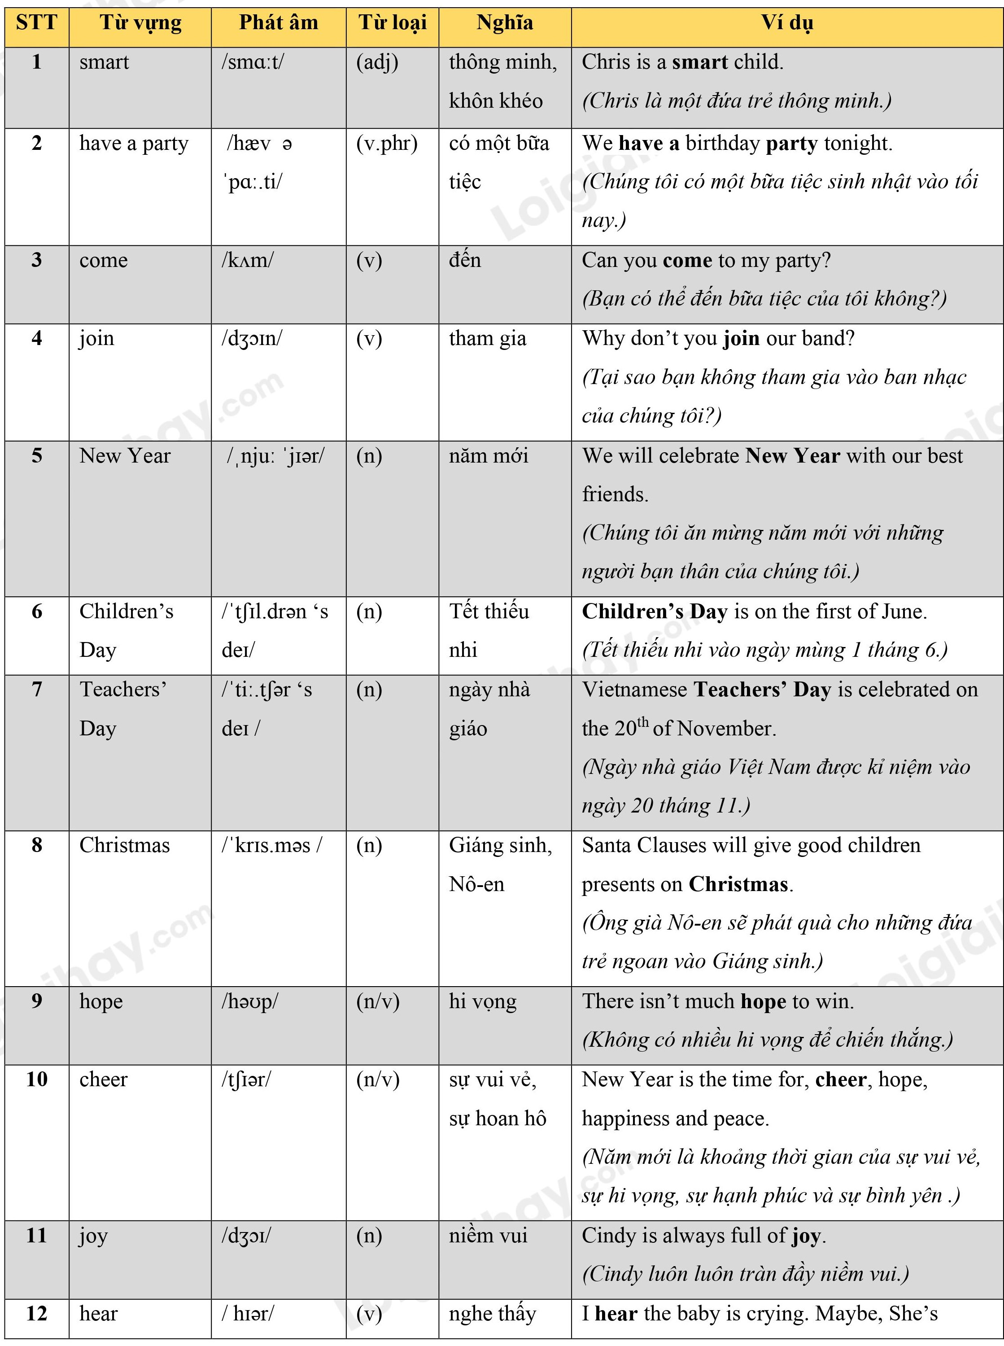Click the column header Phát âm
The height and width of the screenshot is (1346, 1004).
278,23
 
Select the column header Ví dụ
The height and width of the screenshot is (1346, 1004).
787,23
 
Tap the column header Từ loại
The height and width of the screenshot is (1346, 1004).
393,23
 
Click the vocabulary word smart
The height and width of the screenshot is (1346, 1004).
104,62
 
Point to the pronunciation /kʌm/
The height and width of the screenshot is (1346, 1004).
247,260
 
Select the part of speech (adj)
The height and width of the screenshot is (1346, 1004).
377,62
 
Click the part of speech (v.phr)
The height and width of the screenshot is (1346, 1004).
387,144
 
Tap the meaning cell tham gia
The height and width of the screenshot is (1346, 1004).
487,338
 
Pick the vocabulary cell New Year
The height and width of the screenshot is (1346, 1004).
125,456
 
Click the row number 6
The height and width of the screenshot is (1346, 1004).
36,612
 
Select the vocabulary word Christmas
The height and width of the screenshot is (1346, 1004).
125,845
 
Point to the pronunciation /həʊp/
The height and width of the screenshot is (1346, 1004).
249,1001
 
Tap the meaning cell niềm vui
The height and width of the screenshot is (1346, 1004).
488,1235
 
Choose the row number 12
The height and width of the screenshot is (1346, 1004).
36,1314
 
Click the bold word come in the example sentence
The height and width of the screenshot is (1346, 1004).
687,260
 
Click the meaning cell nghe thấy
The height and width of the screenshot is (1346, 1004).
492,1314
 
